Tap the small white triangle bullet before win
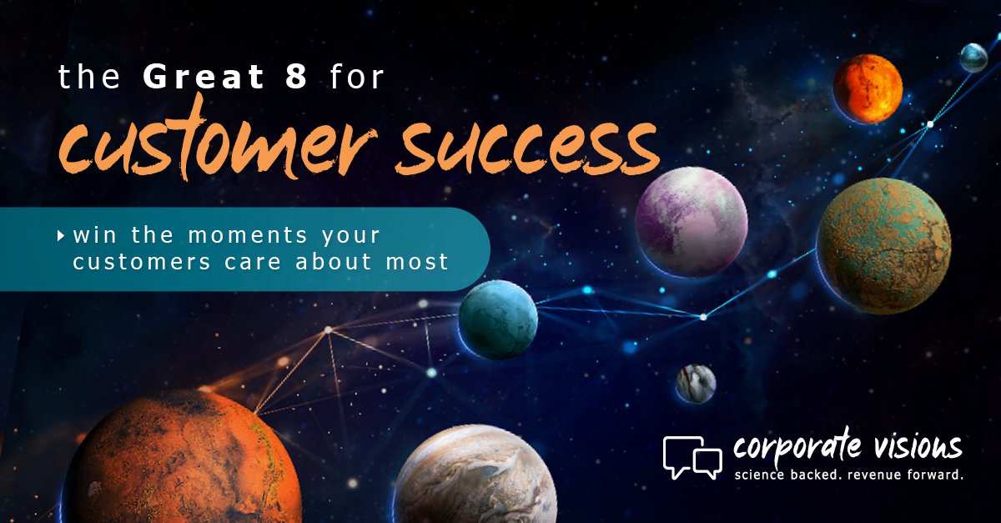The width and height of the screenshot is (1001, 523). point(61,237)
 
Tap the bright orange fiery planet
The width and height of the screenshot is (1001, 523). point(868,88)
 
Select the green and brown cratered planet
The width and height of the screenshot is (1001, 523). point(883,245)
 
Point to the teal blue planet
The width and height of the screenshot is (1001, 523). point(498,319)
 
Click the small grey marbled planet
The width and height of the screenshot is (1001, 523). point(696,384)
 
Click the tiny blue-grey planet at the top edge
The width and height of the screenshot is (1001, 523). point(973,58)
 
